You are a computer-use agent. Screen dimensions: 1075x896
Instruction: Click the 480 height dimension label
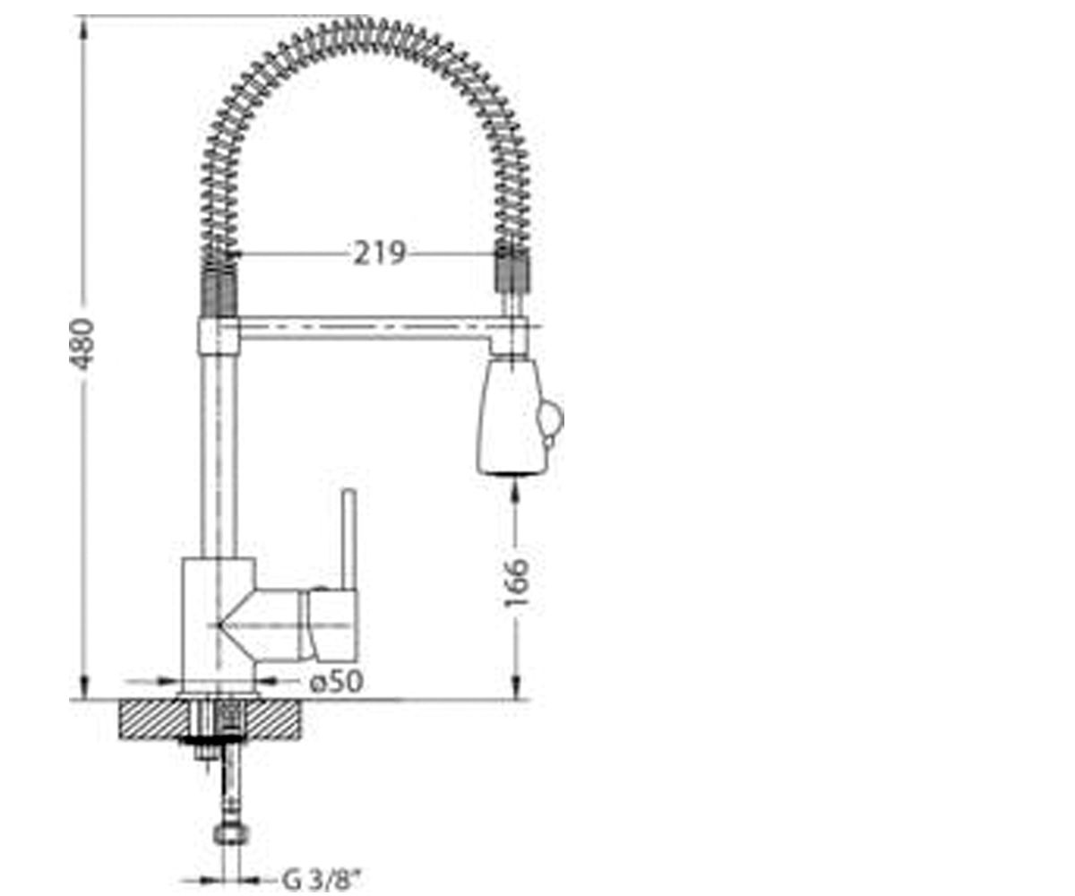(x=82, y=344)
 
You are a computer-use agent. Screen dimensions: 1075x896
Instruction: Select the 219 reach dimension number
(x=380, y=254)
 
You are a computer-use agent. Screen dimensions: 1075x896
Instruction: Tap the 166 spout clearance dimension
(x=516, y=582)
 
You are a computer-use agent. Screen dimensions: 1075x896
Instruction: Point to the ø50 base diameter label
(x=336, y=681)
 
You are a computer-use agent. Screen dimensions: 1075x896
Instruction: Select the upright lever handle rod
(x=349, y=539)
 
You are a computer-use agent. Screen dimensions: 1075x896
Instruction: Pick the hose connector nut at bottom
(x=231, y=833)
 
